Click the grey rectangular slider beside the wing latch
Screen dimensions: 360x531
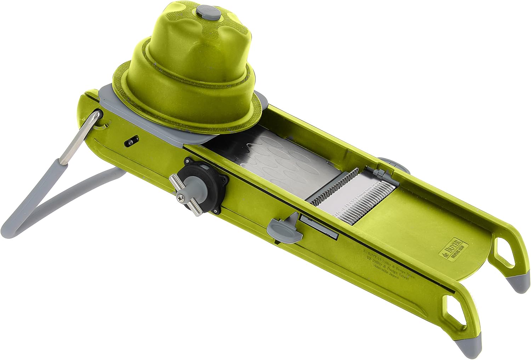[x=319, y=227]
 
